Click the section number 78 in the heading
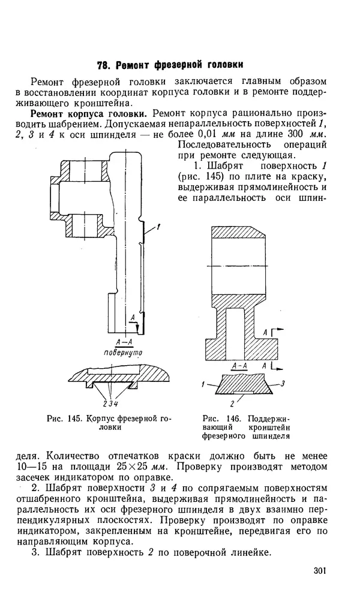point(103,65)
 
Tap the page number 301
point(320,570)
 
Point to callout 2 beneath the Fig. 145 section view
point(105,404)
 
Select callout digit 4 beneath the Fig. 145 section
point(116,404)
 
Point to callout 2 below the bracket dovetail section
point(232,404)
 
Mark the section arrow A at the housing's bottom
point(136,322)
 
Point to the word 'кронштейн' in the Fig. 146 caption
point(269,428)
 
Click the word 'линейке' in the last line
point(251,553)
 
